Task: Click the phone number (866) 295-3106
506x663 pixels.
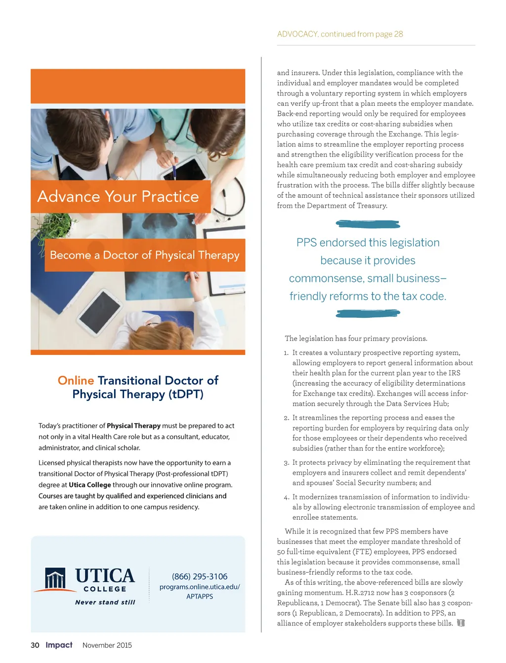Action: (200, 576)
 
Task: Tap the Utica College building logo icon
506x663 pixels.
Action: (55, 578)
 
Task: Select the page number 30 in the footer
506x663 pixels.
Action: (35, 645)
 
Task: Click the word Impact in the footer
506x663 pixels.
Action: (59, 645)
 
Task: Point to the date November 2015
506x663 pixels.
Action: (107, 645)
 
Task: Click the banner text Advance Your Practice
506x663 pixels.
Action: (118, 197)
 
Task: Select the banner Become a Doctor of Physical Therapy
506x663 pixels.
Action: (144, 255)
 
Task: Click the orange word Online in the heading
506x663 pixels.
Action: (76, 380)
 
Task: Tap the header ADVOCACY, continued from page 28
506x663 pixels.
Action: (340, 34)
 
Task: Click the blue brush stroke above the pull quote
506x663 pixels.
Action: (368, 224)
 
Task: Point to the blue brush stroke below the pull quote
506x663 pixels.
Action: (368, 313)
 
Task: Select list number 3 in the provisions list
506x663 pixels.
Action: (287, 463)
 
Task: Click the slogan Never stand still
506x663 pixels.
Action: (105, 602)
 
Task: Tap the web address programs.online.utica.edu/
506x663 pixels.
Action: (200, 587)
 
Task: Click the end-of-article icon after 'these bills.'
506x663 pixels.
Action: (461, 623)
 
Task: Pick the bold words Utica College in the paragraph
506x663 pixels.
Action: (90, 485)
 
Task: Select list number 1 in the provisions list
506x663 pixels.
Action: (286, 353)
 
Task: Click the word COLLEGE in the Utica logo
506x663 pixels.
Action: (105, 589)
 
